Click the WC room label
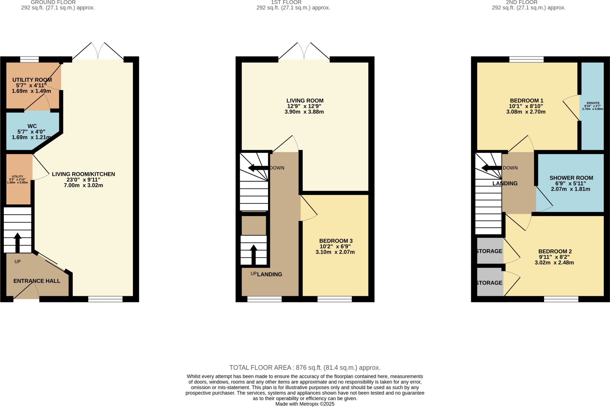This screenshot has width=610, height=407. (x=32, y=126)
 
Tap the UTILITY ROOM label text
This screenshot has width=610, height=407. (x=32, y=80)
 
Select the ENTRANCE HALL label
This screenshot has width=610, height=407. (x=37, y=281)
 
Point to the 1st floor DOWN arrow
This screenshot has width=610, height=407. (x=258, y=168)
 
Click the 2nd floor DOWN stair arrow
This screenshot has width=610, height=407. (x=491, y=168)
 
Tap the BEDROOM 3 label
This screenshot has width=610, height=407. (x=336, y=241)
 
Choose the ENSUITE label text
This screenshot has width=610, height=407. (x=593, y=103)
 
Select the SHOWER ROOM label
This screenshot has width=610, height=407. (x=571, y=178)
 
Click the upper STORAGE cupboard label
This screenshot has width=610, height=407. (x=489, y=251)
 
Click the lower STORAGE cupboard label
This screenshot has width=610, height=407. (x=489, y=283)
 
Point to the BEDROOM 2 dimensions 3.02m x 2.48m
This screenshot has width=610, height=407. (x=554, y=262)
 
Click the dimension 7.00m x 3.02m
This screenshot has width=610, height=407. (x=83, y=185)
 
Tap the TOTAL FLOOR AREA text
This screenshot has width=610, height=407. (x=305, y=367)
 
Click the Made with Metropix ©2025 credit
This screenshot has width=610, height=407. (x=305, y=404)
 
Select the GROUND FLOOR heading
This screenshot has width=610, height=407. (x=53, y=2)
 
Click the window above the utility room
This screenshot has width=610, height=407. (x=29, y=59)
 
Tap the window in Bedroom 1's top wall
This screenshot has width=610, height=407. (x=526, y=59)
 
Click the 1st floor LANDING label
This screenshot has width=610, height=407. (x=270, y=274)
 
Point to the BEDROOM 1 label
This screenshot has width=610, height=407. (x=526, y=101)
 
